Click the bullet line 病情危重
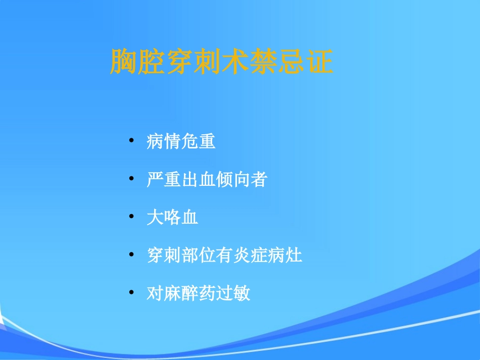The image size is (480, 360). pos(181,141)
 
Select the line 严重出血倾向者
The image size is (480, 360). pos(206,179)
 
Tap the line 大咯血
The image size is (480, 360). pos(172,218)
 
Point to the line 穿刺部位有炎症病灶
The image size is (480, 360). pos(224,255)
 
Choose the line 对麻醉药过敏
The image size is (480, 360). pos(198,293)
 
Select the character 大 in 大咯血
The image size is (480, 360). pos(155,218)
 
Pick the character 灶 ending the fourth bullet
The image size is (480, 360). pos(294,255)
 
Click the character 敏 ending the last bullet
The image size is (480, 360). pos(242,293)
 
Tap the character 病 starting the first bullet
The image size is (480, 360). pos(155,141)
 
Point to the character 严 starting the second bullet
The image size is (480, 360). pos(155,179)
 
